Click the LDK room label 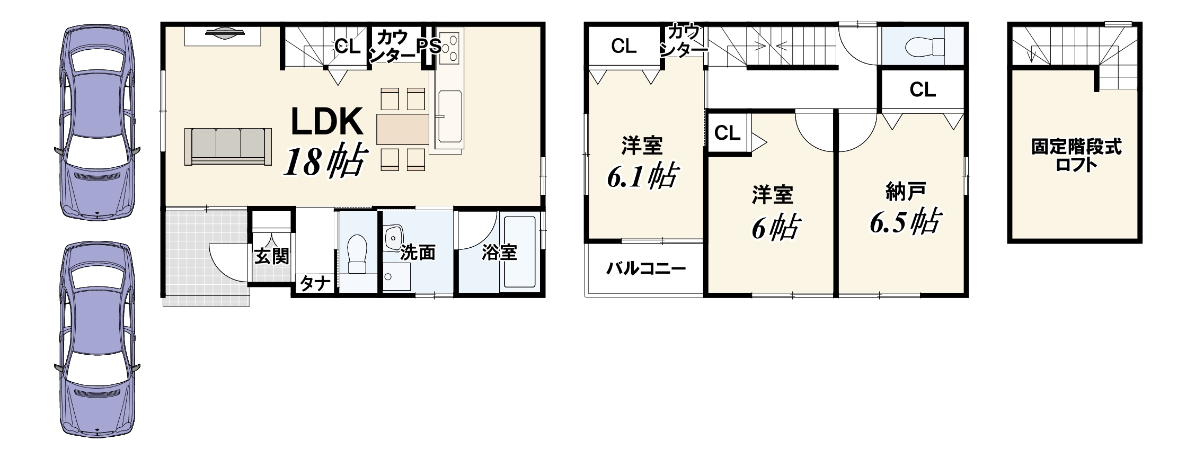tap(327, 121)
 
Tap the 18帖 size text tap(325, 161)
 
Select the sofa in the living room tap(228, 146)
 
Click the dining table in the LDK tap(403, 129)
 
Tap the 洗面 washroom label tap(418, 253)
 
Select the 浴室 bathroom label tap(499, 253)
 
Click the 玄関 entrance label tap(272, 256)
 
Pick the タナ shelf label tap(315, 284)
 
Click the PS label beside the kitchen tap(429, 46)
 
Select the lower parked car tap(98, 339)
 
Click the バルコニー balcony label tap(646, 269)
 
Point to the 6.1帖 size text tap(642, 176)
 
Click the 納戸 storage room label tap(906, 192)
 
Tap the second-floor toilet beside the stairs tap(925, 47)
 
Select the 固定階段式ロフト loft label tap(1076, 155)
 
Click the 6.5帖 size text tap(905, 221)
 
